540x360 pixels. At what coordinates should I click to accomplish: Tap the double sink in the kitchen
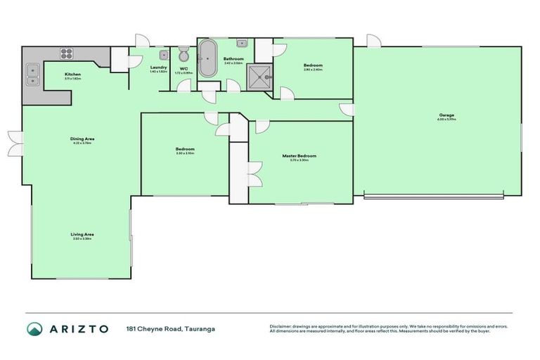point(32,69)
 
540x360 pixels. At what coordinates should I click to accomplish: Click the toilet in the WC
point(184,56)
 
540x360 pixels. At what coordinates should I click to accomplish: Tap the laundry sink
point(163,55)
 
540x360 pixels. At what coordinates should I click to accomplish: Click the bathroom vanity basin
point(241,43)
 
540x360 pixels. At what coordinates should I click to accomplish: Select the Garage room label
point(446,115)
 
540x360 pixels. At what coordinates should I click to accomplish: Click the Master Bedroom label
point(299,155)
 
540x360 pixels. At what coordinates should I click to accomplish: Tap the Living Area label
point(82,234)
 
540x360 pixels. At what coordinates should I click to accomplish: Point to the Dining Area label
point(82,139)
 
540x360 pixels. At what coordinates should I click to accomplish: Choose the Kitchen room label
point(73,74)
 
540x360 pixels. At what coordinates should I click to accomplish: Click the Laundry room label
point(158,67)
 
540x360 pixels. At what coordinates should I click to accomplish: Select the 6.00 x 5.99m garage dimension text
point(446,120)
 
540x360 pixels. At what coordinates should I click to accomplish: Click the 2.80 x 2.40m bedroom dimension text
point(313,70)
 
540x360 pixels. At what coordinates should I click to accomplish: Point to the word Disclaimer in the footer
point(283,326)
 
